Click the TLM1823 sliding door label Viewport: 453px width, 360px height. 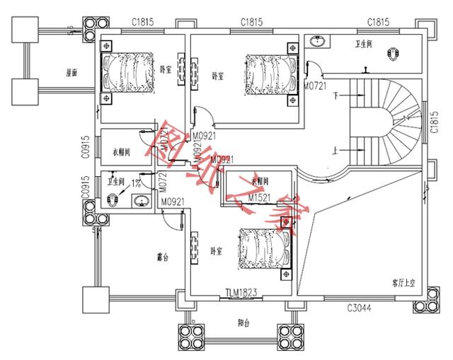(x=240, y=293)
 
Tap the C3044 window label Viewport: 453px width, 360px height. (x=360, y=308)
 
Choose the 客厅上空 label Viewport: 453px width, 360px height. (x=403, y=282)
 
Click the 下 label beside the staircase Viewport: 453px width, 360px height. (x=336, y=95)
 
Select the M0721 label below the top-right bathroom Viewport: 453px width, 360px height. (x=315, y=86)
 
